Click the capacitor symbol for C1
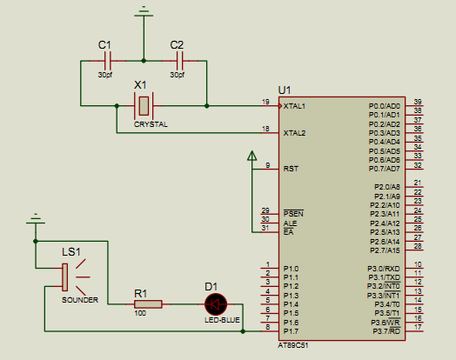(108, 61)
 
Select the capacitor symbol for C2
(180, 61)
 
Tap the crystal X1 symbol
(144, 106)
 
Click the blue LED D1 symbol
(216, 304)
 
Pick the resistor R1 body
(148, 304)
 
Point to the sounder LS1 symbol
(73, 277)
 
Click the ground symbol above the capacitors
(144, 12)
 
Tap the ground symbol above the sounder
(36, 219)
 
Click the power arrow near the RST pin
(251, 156)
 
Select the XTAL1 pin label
(294, 106)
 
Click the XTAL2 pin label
(294, 133)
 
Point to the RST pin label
(291, 169)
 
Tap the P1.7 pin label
(291, 331)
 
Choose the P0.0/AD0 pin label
(385, 106)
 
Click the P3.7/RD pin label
(386, 331)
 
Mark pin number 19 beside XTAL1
(265, 102)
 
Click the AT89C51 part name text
(293, 345)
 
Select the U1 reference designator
(285, 90)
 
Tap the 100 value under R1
(140, 313)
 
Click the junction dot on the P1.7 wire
(243, 331)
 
